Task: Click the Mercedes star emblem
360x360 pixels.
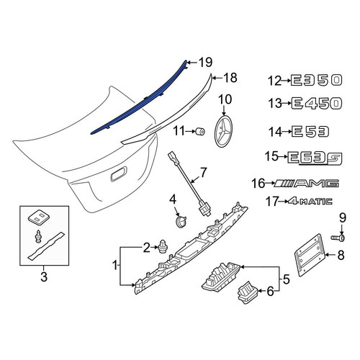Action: click(224, 132)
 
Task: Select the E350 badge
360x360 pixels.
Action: click(316, 80)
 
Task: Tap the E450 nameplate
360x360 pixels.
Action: click(317, 104)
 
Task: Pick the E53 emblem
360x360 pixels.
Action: click(311, 132)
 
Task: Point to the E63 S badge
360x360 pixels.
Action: click(315, 158)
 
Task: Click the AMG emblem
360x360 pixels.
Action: click(307, 184)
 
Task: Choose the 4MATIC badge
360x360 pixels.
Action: click(310, 201)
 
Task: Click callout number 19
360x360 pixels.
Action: click(206, 63)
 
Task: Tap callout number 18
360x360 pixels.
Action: click(230, 78)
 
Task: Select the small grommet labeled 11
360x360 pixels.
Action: click(199, 132)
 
